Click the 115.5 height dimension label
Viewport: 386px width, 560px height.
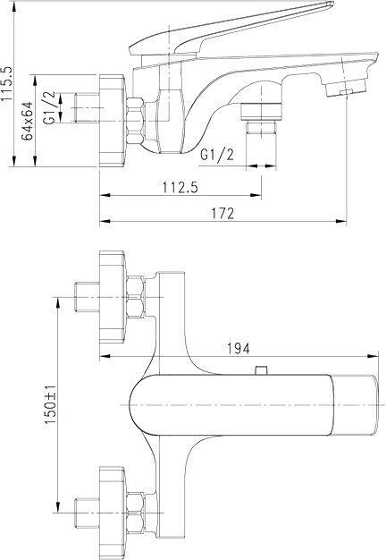pyautogui.click(x=7, y=84)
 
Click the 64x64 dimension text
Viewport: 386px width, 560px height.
pyautogui.click(x=27, y=121)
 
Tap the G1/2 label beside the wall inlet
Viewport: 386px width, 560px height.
pyautogui.click(x=49, y=108)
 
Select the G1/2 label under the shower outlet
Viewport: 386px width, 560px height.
pyautogui.click(x=217, y=155)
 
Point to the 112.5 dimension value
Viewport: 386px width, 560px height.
pyautogui.click(x=180, y=188)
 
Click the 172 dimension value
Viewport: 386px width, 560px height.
pyautogui.click(x=223, y=213)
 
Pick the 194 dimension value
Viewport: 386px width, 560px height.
pyautogui.click(x=239, y=348)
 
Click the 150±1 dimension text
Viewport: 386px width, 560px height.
pyautogui.click(x=50, y=405)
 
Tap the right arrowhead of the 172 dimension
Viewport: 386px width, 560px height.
pyautogui.click(x=341, y=222)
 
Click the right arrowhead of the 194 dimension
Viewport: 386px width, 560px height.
pyautogui.click(x=373, y=356)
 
